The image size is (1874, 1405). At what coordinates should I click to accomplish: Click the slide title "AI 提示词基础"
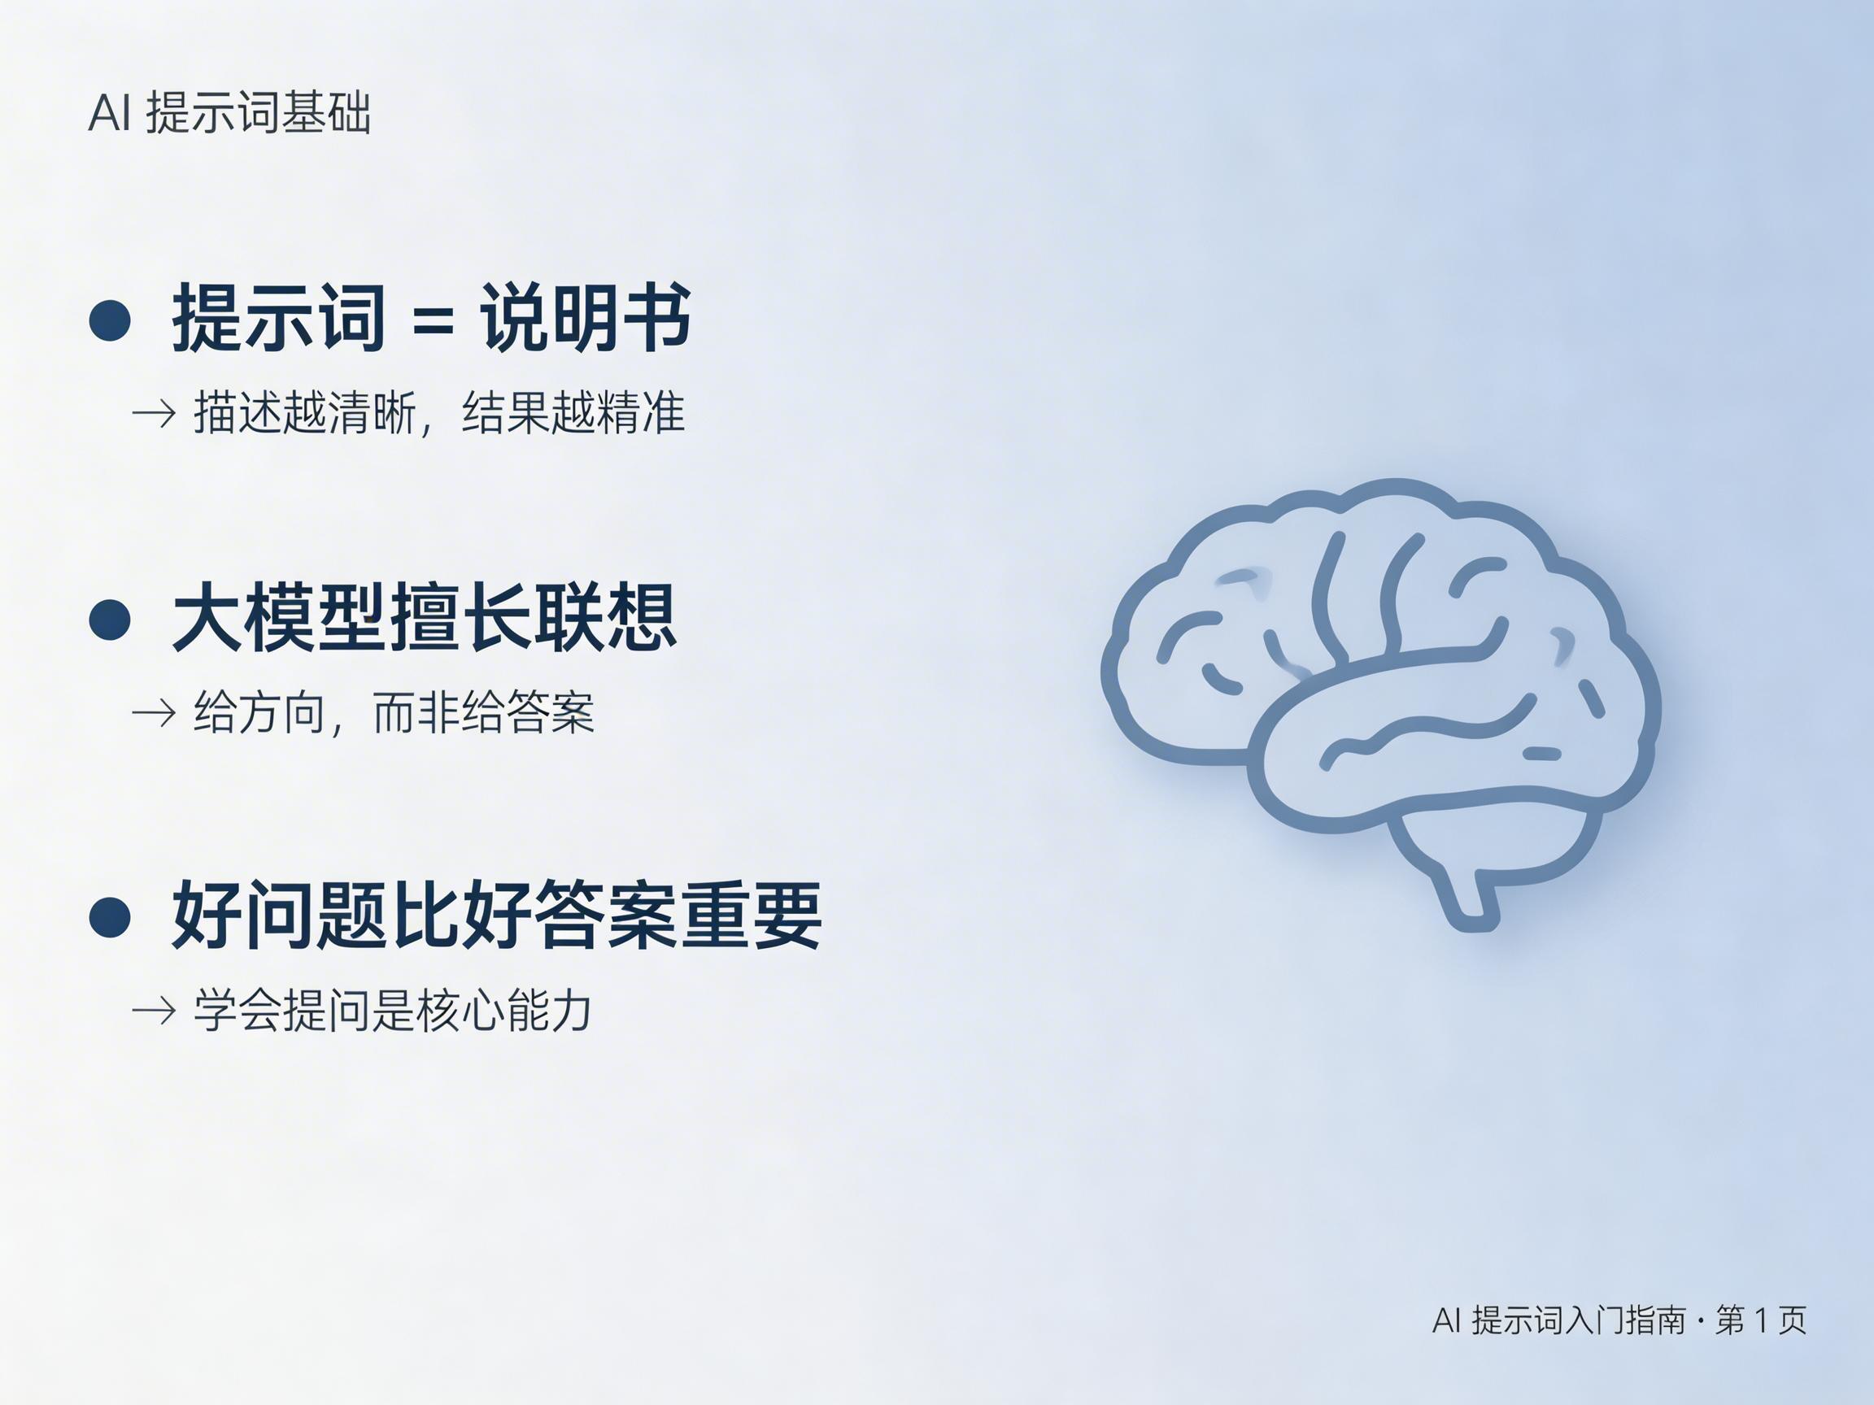229,113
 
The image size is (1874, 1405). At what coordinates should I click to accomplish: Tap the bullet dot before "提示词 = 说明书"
110,320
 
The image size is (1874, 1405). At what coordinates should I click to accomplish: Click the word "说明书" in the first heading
586,319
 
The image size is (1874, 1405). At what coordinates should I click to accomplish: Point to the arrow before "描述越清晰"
154,414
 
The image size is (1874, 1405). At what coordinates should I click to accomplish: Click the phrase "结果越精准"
573,413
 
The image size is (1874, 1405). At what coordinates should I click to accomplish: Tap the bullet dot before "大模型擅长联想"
110,618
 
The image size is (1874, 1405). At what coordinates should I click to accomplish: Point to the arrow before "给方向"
154,713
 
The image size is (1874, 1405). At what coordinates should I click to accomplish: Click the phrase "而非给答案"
484,712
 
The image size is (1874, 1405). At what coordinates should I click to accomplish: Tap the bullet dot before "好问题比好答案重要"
110,916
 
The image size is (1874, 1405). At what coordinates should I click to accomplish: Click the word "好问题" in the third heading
279,916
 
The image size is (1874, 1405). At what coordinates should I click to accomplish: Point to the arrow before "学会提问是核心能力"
154,1011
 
